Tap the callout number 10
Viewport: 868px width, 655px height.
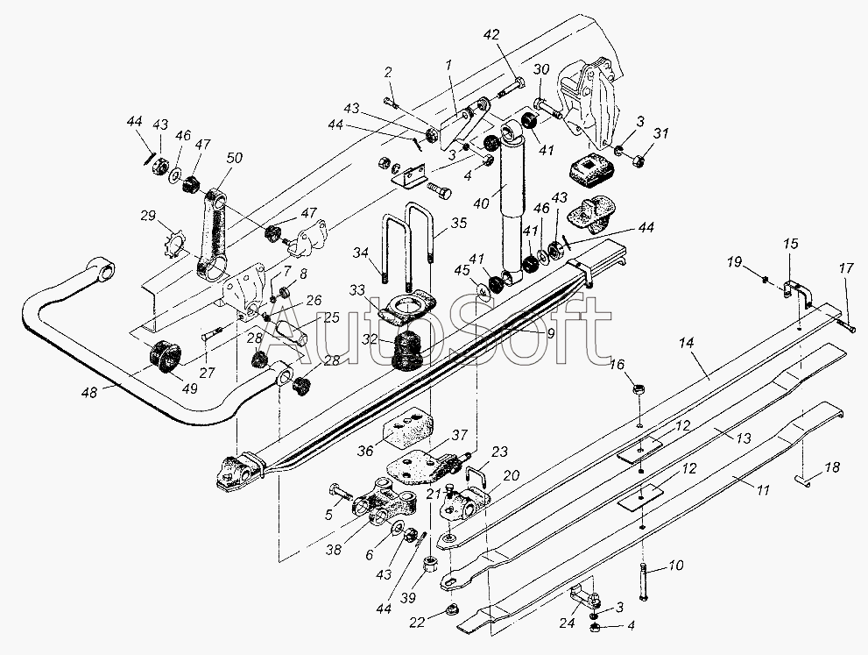675,566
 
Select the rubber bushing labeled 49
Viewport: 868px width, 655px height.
163,358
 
